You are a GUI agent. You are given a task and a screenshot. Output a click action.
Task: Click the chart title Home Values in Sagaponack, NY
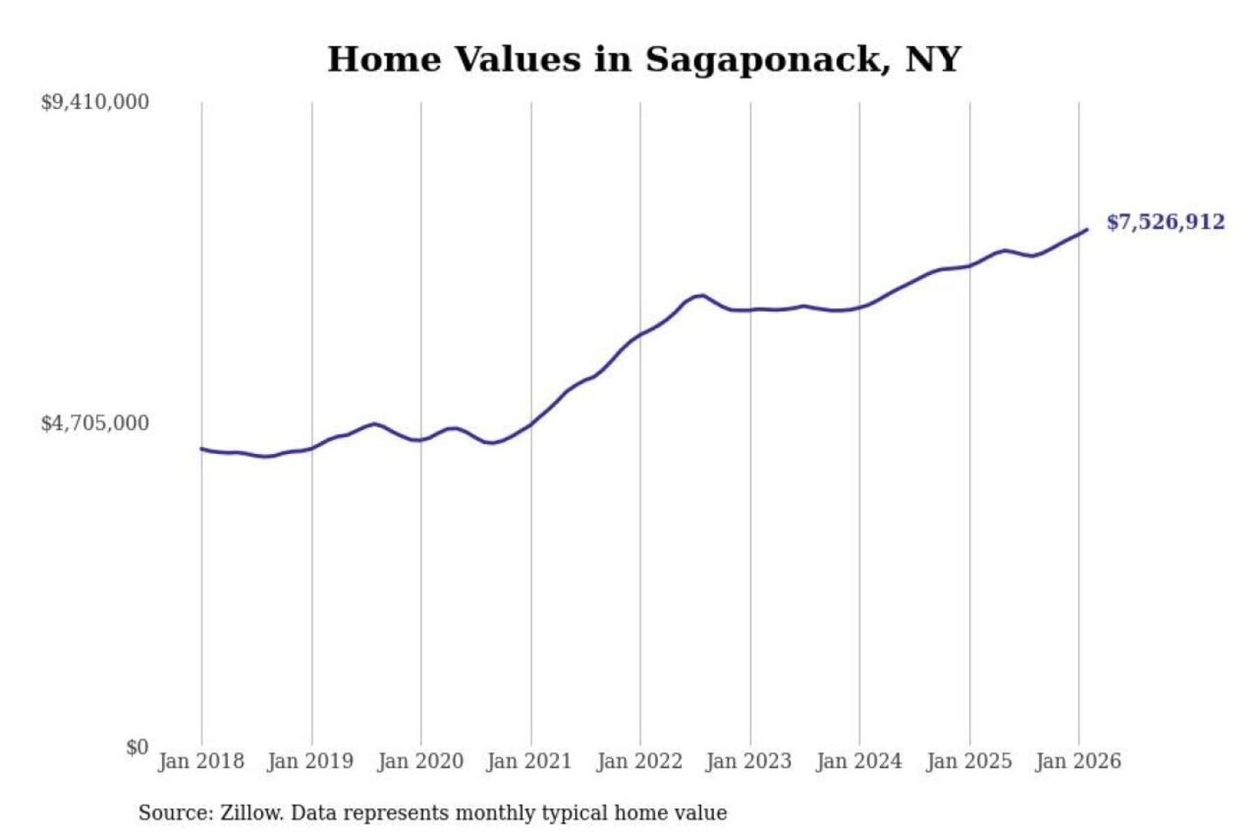point(644,59)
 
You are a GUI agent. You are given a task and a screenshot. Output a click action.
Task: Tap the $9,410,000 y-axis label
point(95,102)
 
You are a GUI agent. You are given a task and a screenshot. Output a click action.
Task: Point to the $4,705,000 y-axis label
point(95,423)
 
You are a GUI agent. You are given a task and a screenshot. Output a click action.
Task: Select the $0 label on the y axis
point(137,747)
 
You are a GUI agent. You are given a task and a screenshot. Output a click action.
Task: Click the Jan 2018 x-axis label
point(201,761)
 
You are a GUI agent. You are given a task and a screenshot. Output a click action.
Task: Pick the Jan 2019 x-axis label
point(311,761)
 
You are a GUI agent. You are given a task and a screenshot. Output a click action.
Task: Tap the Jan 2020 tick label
point(420,761)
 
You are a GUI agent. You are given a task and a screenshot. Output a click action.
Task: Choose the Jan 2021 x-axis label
point(529,761)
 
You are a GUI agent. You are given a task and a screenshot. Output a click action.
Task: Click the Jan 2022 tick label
point(639,761)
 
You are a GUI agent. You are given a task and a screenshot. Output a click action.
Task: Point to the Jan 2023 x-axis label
point(748,761)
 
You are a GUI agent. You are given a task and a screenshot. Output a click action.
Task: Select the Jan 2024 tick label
point(858,761)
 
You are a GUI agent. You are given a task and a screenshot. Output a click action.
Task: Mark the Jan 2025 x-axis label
point(968,761)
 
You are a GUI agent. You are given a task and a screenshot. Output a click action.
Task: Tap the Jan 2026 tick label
point(1077,761)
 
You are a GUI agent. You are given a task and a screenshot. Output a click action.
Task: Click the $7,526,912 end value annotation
point(1165,222)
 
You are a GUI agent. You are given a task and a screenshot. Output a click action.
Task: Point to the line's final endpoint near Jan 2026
point(1087,230)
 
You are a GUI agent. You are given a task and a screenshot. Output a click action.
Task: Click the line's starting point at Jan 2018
point(202,449)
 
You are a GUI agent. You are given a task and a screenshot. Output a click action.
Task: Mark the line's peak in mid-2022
point(701,295)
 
